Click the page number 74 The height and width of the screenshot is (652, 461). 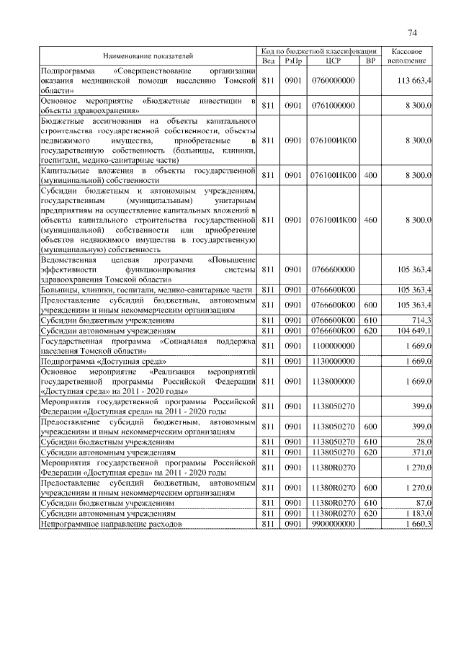coord(412,32)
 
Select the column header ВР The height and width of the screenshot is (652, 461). coord(370,61)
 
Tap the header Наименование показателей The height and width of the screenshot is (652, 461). coord(148,55)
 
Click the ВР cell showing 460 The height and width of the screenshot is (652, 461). coord(370,218)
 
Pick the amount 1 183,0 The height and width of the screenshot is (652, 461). coord(417,513)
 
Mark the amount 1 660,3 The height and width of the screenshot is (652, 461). coord(417,524)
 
